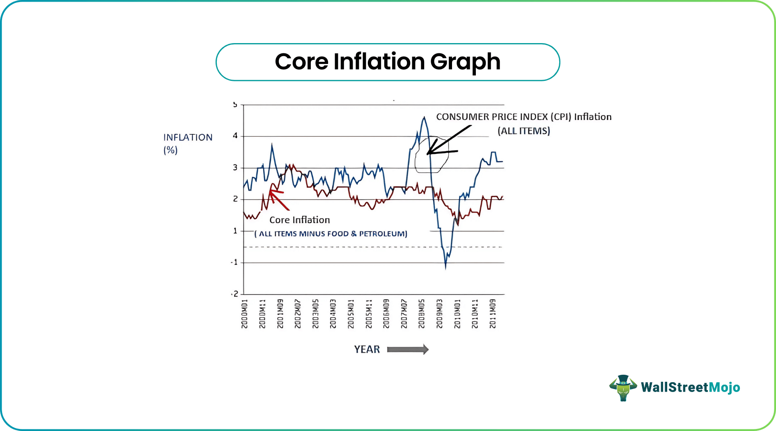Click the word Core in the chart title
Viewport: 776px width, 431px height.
(301, 62)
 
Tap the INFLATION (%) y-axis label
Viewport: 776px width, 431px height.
(188, 143)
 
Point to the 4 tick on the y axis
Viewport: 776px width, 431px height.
(235, 136)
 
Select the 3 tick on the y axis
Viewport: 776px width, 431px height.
(235, 167)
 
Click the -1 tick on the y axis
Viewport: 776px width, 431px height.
(234, 262)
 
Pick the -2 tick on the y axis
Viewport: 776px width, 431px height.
(234, 294)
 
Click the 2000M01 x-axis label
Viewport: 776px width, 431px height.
(245, 314)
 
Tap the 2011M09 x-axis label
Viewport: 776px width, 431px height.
(493, 314)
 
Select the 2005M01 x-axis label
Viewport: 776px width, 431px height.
(351, 314)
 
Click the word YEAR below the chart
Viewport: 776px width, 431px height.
(367, 349)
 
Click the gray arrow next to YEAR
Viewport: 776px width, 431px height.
(408, 349)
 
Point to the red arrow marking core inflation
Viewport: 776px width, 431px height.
(278, 199)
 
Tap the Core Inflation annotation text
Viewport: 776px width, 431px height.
(299, 220)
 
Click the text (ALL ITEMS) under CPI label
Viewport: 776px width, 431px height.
(523, 131)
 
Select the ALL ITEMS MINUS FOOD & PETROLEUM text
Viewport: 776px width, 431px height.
(331, 234)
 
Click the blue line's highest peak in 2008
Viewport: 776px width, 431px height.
(424, 118)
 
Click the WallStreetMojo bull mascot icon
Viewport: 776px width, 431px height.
(623, 387)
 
